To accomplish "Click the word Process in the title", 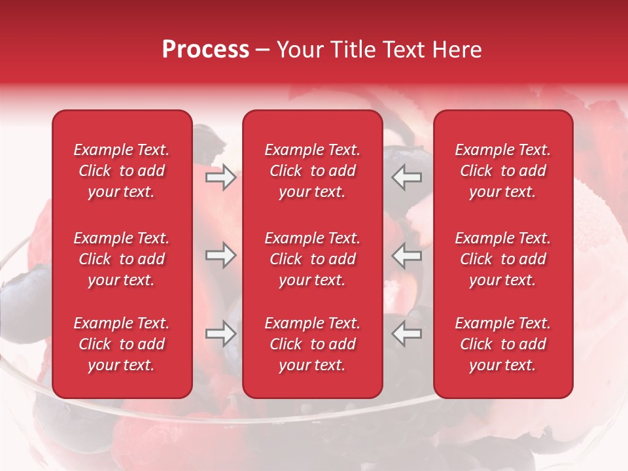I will coord(205,49).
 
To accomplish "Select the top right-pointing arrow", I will coord(220,177).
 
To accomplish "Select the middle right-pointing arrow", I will coord(220,256).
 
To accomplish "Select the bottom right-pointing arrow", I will coord(220,334).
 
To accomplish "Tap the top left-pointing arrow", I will coord(407,177).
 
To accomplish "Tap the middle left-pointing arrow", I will coord(407,256).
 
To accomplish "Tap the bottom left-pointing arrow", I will coord(407,334).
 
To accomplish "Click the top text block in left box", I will coord(122,171).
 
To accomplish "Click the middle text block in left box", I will coord(122,259).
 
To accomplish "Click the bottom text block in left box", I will coord(122,344).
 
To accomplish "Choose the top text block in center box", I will coord(313,171).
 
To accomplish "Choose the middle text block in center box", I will coord(313,259).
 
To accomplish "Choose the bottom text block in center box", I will coord(313,344).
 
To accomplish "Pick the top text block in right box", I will coord(503,171).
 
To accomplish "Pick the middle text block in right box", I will coord(503,259).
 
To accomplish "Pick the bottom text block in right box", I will coord(503,344).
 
